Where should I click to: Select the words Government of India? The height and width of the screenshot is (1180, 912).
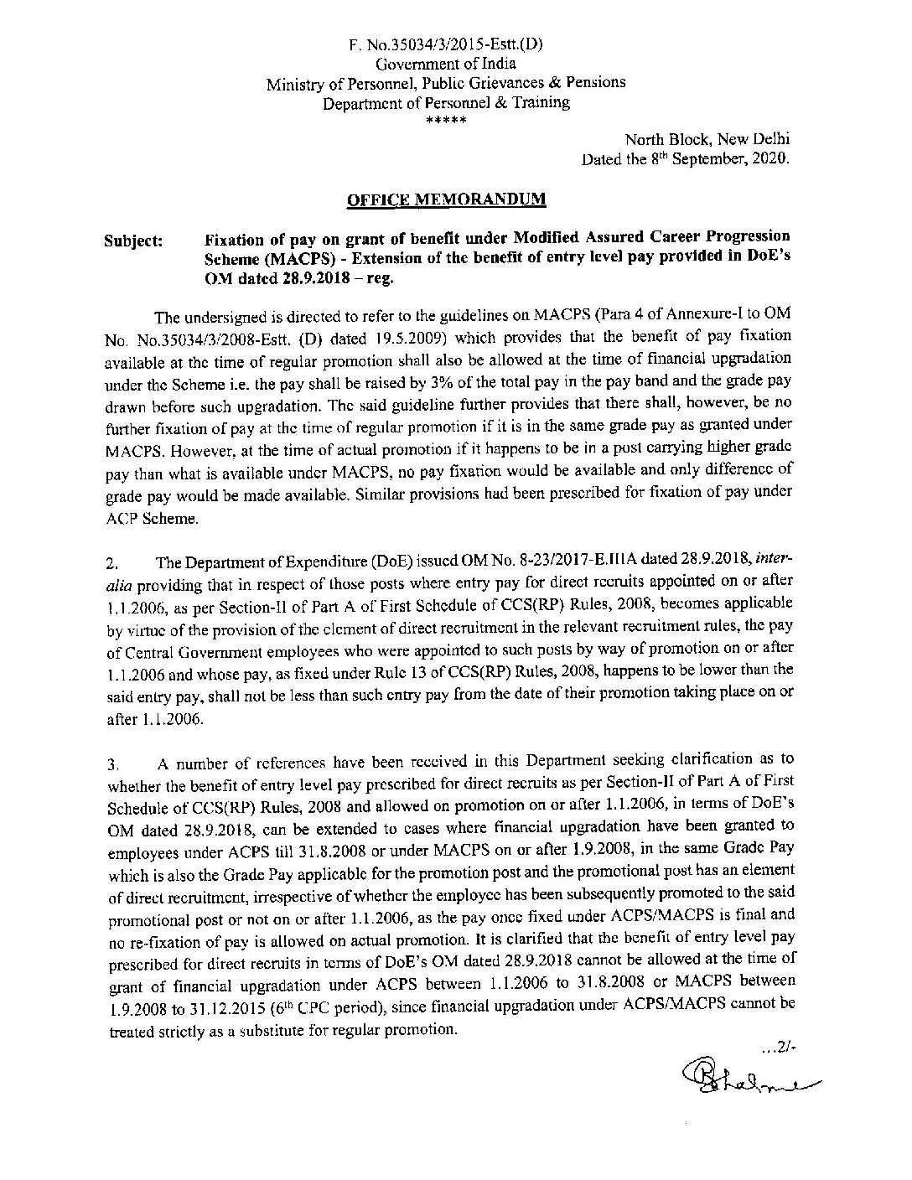445,64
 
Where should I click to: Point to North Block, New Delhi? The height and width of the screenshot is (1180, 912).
707,140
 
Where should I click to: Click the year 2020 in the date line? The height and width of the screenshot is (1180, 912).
769,159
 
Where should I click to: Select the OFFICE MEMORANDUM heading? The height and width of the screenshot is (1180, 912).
446,199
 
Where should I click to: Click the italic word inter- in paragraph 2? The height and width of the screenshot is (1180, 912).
775,559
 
